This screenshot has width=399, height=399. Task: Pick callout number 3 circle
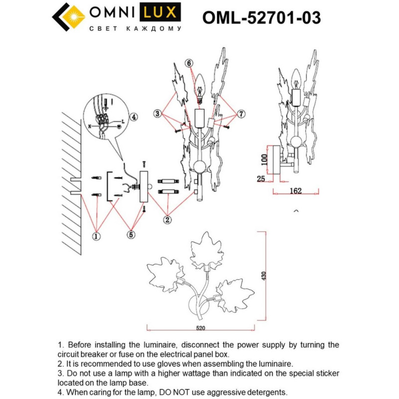157,114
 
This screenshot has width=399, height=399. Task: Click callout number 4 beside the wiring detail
133,118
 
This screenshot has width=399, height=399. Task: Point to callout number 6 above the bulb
189,63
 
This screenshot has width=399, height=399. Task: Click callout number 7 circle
241,114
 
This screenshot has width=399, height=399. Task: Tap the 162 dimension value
296,190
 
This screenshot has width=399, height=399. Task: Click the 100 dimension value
264,159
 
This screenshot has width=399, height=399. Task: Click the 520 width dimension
200,329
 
